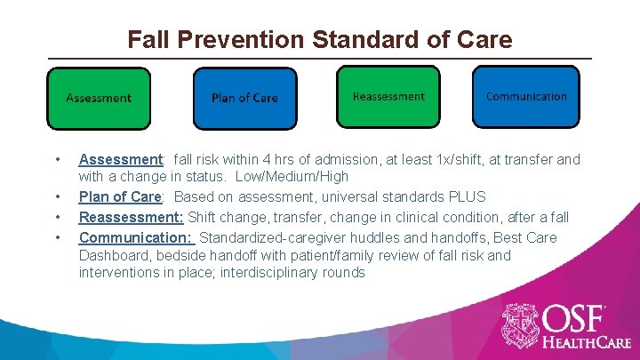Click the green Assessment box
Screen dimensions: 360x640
[99, 98]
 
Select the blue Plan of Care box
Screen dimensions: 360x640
[244, 98]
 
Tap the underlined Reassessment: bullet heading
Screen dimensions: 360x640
[131, 217]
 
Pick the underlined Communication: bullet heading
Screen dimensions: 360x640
[135, 237]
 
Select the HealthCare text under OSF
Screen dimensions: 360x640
[588, 341]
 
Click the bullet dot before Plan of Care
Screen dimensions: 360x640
[58, 196]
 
